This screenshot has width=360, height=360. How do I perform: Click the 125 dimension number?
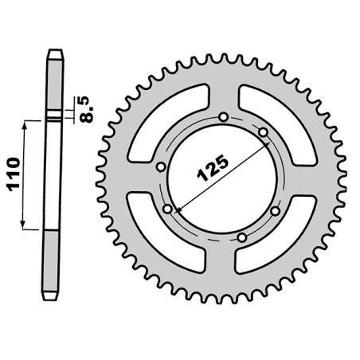[x=213, y=169]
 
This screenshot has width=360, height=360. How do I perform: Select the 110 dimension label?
[x=14, y=174]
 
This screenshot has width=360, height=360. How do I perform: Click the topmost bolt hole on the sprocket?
[x=224, y=117]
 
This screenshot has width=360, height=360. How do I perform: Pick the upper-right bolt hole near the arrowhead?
[x=263, y=132]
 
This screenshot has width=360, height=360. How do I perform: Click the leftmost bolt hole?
[x=161, y=167]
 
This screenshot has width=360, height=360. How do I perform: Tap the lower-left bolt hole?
[x=168, y=209]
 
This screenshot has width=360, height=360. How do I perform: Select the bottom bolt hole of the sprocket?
[x=242, y=237]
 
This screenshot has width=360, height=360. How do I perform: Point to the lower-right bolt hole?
[x=276, y=211]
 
